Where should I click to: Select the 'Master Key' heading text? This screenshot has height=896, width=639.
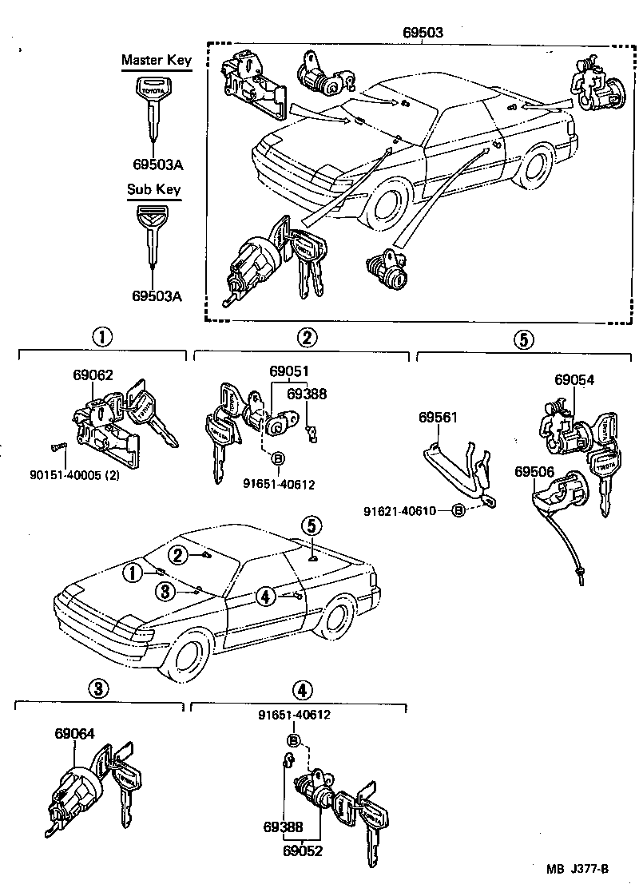pos(157,61)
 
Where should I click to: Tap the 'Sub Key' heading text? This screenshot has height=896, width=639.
pos(154,190)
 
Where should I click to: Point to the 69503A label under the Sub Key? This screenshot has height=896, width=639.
pos(157,295)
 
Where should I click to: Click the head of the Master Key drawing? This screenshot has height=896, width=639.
pos(152,88)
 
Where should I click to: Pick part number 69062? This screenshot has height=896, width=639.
pos(93,375)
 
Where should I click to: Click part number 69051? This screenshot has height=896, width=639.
pos(288,371)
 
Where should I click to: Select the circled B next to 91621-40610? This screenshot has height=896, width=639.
pos(459,510)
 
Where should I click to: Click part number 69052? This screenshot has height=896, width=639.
pos(302,850)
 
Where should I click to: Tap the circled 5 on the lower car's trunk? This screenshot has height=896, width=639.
pos(312,525)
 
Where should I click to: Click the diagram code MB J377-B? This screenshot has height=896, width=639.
pos(577,870)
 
